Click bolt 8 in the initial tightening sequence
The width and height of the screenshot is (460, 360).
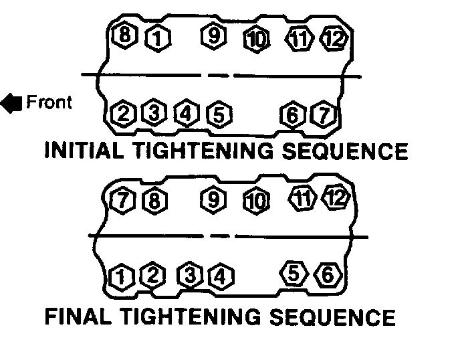pyautogui.click(x=124, y=35)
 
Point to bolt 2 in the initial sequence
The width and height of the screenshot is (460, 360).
pyautogui.click(x=124, y=114)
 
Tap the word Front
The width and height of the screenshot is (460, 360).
pyautogui.click(x=48, y=102)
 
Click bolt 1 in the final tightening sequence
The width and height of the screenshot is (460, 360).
pyautogui.click(x=121, y=275)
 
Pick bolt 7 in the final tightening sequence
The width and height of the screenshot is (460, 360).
pyautogui.click(x=121, y=199)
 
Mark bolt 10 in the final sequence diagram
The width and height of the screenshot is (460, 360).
pyautogui.click(x=255, y=201)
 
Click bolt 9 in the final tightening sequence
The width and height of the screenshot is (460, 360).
pyautogui.click(x=214, y=199)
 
